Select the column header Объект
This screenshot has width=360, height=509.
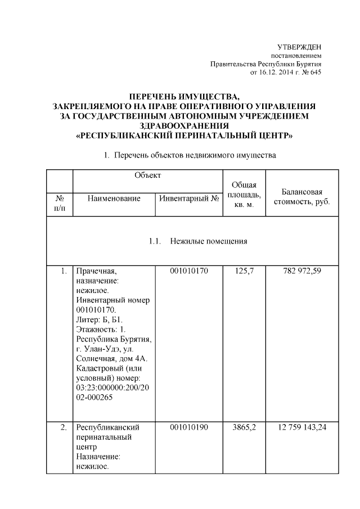[x=147, y=175]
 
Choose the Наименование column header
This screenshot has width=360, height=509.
[x=114, y=199]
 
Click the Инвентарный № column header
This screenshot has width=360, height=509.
[x=189, y=199]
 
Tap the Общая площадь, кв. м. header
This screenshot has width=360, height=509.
[x=245, y=195]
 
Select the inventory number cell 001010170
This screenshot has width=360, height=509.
[x=189, y=272]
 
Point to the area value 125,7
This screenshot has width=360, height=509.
[x=245, y=272]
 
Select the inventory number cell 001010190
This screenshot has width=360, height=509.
[x=189, y=427]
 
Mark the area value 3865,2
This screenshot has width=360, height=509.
[x=245, y=427]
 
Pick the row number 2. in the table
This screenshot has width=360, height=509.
[x=64, y=427]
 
